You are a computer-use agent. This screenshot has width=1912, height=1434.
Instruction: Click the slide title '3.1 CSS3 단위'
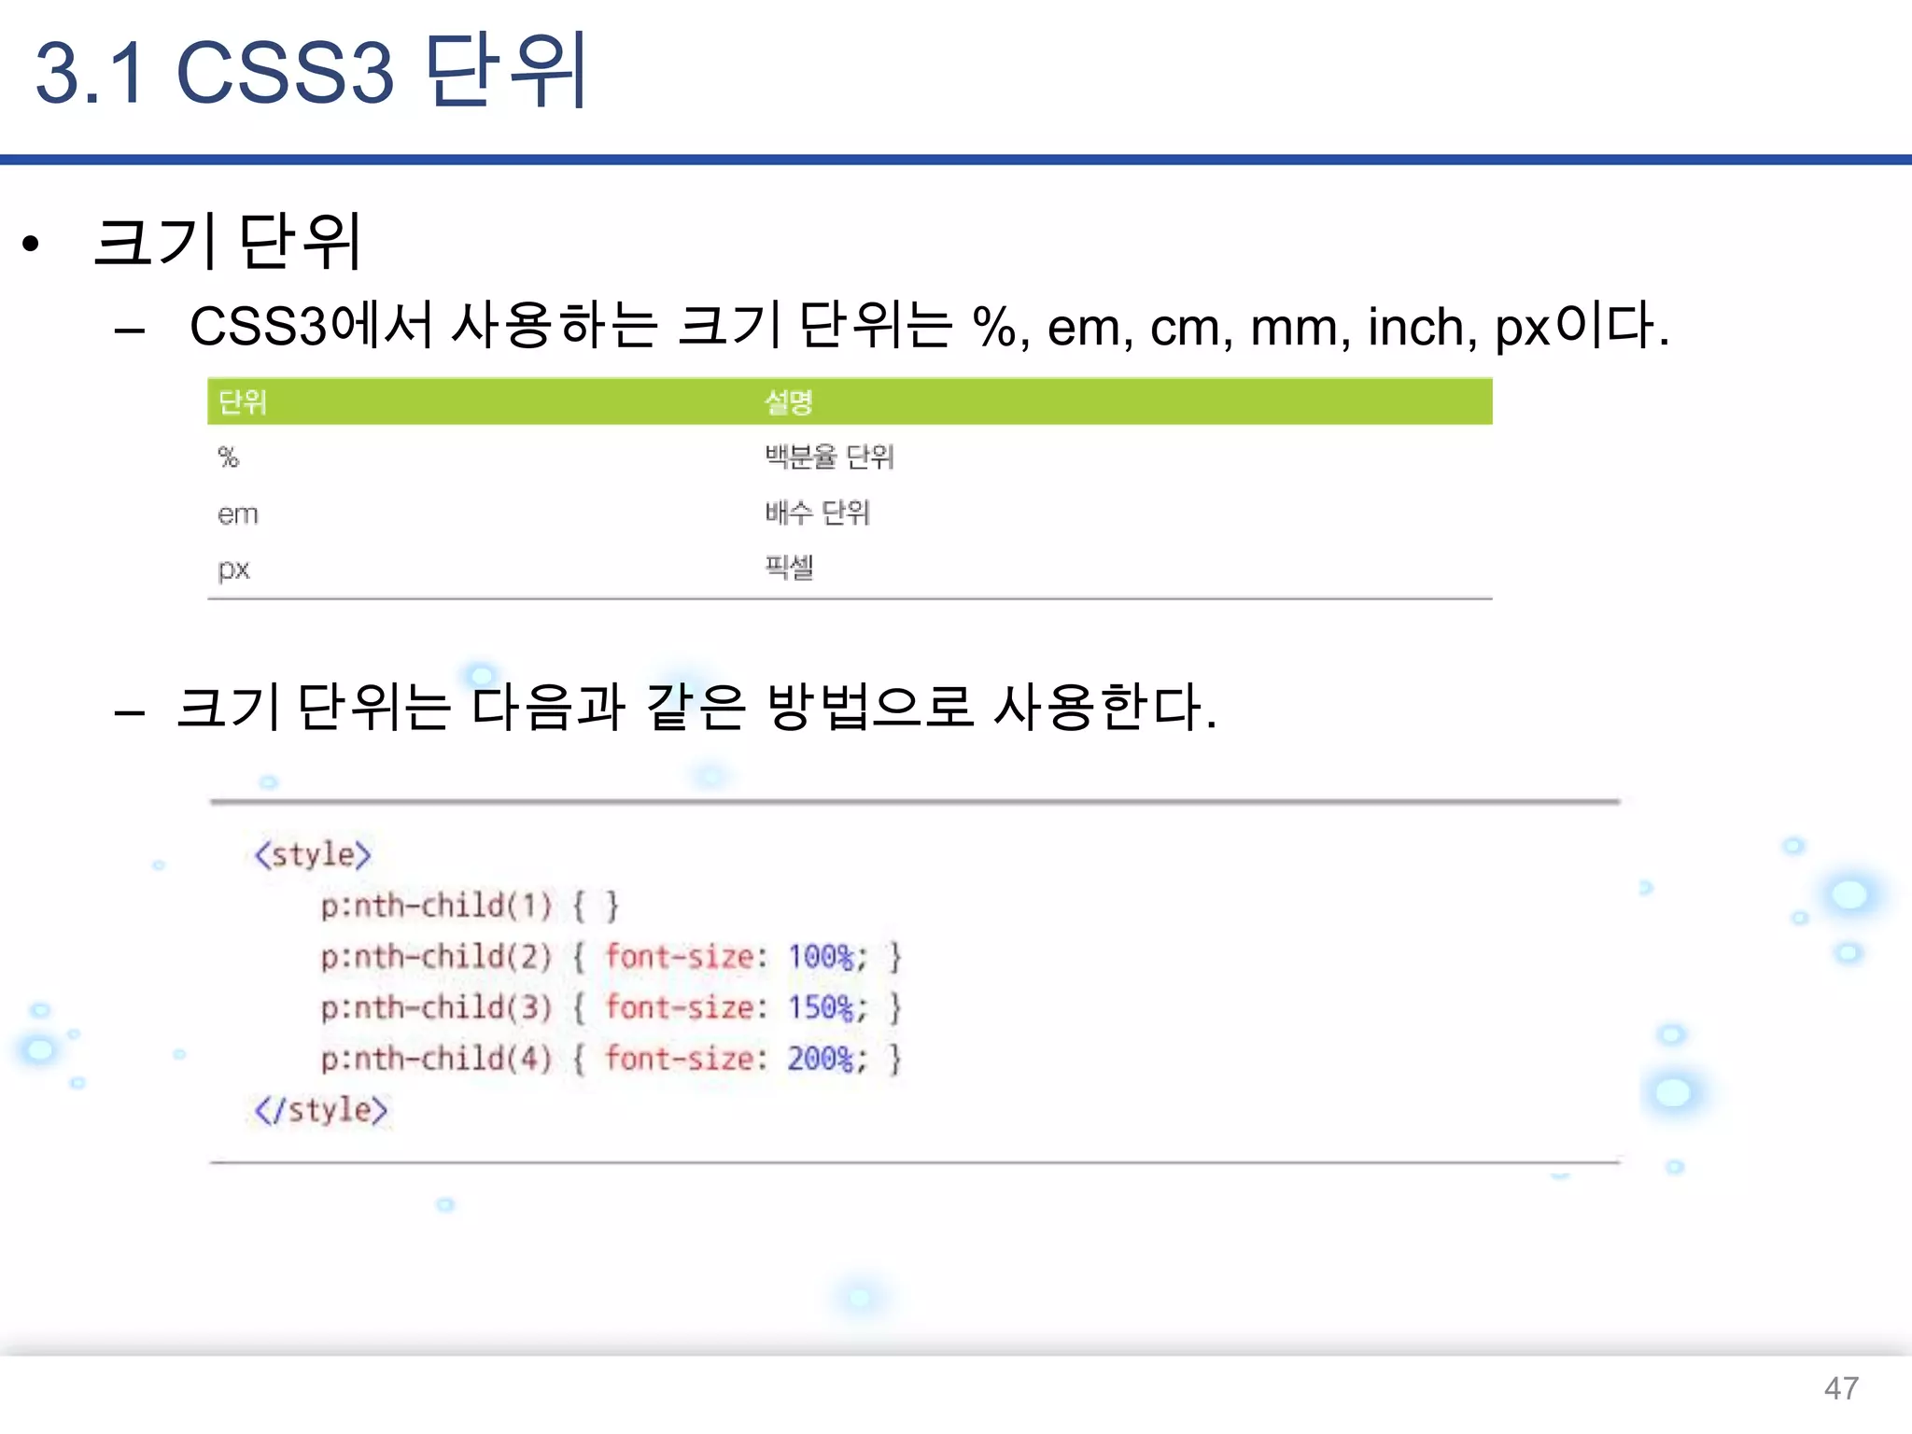[311, 72]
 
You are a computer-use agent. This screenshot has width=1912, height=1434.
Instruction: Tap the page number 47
[1840, 1388]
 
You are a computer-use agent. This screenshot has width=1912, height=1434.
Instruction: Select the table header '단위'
[243, 402]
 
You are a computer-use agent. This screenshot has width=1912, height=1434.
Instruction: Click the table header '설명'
[788, 402]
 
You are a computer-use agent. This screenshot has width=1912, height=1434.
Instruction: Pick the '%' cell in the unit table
[229, 457]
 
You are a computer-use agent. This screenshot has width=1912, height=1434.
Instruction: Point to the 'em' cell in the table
[237, 513]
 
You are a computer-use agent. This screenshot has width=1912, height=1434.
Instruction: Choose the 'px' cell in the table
[233, 569]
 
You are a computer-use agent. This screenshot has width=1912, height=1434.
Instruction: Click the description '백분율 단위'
[829, 457]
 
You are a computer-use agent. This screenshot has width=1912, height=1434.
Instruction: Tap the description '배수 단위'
[817, 513]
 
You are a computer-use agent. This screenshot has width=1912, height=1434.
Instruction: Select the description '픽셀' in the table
[789, 567]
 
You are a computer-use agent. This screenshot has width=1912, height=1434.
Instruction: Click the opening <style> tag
[313, 854]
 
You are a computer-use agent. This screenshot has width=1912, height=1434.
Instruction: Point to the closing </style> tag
[320, 1110]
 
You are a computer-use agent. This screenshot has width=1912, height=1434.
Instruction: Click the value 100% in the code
[821, 957]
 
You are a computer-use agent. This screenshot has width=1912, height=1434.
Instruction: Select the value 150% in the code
[821, 1008]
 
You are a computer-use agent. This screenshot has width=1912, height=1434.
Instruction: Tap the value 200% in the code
[821, 1059]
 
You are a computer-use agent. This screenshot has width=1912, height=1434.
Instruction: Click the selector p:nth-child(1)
[436, 906]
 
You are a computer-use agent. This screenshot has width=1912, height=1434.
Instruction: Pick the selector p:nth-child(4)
[436, 1059]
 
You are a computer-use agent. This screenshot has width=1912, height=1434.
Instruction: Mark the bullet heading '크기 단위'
[227, 243]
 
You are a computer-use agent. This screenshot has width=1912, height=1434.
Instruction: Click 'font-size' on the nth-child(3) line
[679, 1008]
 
